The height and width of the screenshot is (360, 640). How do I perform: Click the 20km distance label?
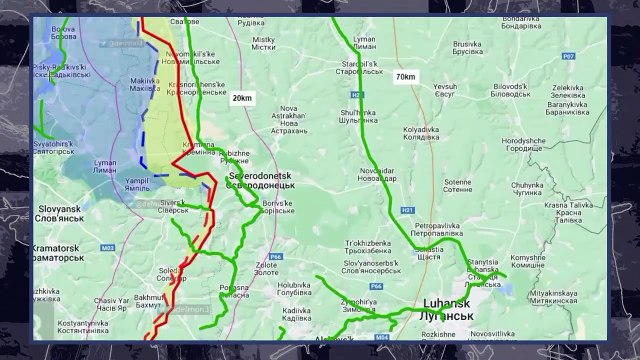(242, 99)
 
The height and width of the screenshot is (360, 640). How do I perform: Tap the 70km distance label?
(405, 77)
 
